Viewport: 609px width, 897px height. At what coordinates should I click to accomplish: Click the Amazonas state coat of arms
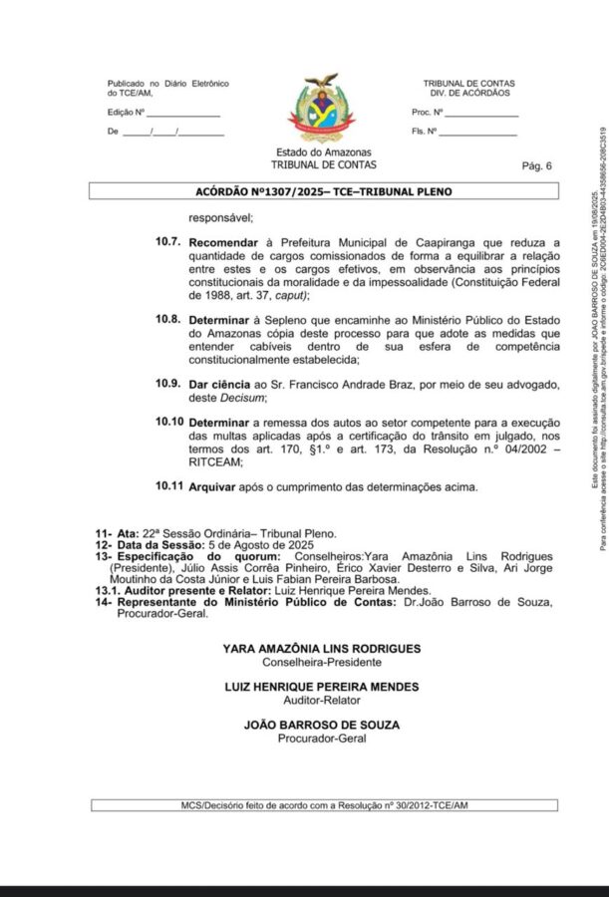pyautogui.click(x=320, y=109)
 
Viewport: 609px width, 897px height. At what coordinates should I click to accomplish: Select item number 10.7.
pyautogui.click(x=167, y=241)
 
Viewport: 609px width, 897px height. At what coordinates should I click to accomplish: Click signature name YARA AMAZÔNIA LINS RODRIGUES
pyautogui.click(x=321, y=648)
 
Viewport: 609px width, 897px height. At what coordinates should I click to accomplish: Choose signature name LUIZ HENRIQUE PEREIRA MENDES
pyautogui.click(x=321, y=687)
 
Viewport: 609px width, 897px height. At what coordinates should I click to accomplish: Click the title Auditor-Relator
pyautogui.click(x=321, y=700)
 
